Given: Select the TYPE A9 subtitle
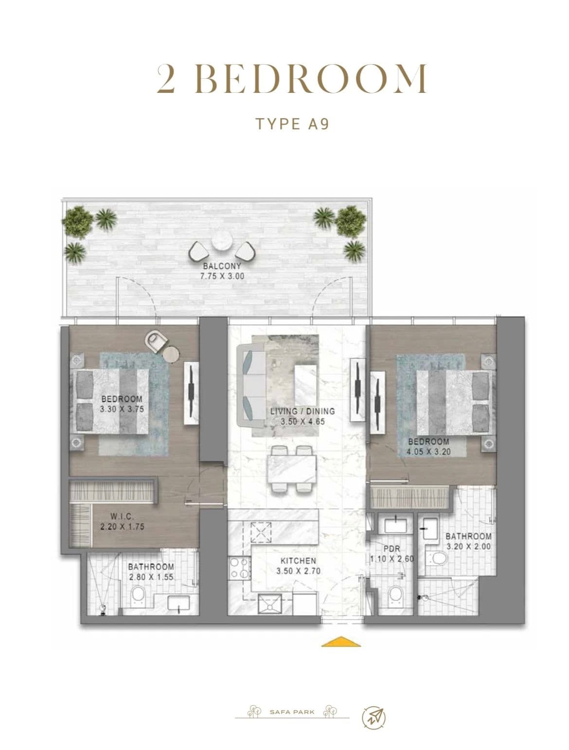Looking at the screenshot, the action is tap(292, 124).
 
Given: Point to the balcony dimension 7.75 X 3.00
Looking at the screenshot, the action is tap(222, 276).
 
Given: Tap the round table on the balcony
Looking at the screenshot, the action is tap(222, 242).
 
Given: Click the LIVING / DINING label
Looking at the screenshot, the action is tap(302, 411).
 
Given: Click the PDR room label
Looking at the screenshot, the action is tap(391, 549).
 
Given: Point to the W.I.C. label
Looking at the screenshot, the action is tap(122, 516).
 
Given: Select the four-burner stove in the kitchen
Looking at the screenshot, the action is tap(239, 568).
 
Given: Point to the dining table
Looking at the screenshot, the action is tap(292, 470).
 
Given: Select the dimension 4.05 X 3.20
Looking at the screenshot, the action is tap(428, 452).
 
